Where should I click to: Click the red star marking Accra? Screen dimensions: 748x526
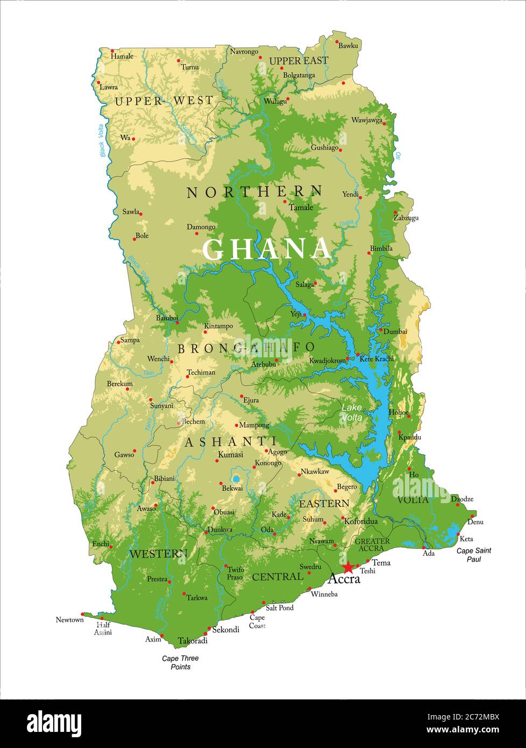click(x=349, y=567)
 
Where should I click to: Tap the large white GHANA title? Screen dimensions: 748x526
click(x=267, y=249)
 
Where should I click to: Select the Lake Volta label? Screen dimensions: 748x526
click(x=352, y=412)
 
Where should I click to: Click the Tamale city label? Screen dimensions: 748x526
click(x=301, y=207)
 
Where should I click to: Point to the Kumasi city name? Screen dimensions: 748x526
click(x=230, y=455)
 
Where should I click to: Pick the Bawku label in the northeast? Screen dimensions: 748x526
click(x=349, y=46)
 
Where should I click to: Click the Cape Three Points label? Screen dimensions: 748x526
click(x=181, y=662)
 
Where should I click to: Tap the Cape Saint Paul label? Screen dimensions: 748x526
click(x=474, y=555)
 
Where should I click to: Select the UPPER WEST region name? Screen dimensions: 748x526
click(x=164, y=101)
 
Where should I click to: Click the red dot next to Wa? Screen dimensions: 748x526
click(x=133, y=139)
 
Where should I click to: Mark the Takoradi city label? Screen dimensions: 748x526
click(x=193, y=641)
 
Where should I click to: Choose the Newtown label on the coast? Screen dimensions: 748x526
click(x=70, y=620)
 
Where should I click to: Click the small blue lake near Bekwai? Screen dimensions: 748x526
click(x=236, y=478)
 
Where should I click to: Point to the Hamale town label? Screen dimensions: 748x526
click(x=122, y=56)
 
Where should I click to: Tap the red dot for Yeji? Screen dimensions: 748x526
click(x=304, y=315)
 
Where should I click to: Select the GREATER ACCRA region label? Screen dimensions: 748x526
click(x=372, y=545)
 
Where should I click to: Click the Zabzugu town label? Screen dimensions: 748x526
click(x=406, y=218)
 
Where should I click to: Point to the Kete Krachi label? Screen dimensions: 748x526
click(x=376, y=358)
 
